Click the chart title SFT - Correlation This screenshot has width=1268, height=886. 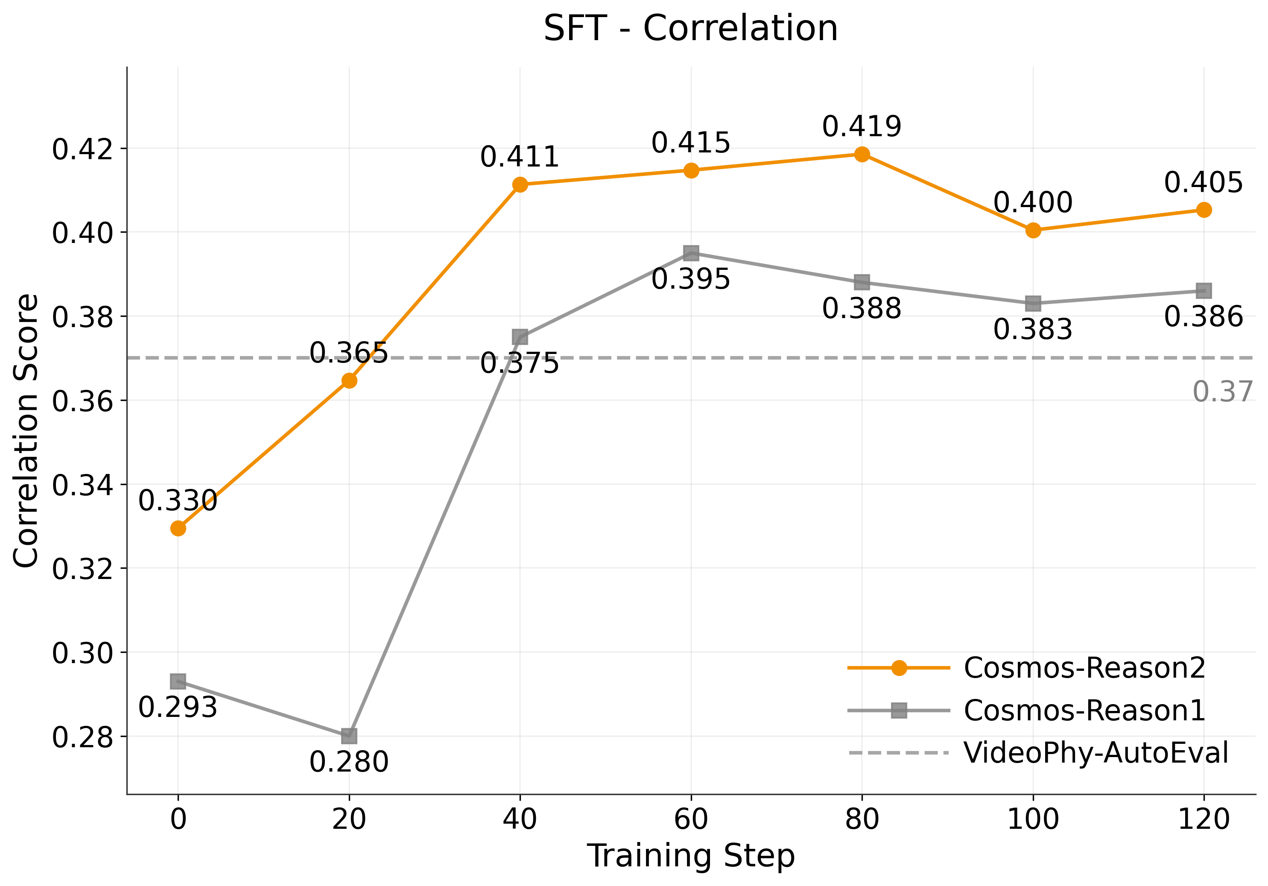tap(690, 29)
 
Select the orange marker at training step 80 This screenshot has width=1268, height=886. tap(862, 154)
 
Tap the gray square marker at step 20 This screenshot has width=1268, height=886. tap(349, 736)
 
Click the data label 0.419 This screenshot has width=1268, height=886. tap(862, 126)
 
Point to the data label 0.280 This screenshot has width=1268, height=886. tap(349, 762)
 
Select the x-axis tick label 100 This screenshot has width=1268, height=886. tap(1033, 819)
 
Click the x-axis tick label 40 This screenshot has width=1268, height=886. tap(520, 819)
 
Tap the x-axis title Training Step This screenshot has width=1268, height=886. tap(690, 856)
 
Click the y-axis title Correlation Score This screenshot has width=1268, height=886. tap(26, 431)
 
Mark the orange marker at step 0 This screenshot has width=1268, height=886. tap(178, 529)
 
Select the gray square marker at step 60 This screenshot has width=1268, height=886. tap(691, 254)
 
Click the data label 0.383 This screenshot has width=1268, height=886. tap(1033, 330)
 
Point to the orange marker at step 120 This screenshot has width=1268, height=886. tap(1204, 210)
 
